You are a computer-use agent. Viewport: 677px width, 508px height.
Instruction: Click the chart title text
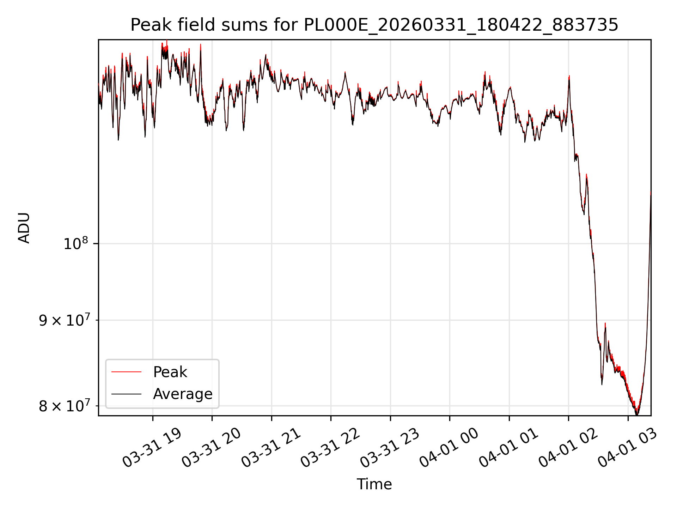[374, 25]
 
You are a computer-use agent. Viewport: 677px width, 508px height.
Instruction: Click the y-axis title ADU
[24, 228]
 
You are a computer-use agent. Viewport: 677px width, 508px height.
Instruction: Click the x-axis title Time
[374, 484]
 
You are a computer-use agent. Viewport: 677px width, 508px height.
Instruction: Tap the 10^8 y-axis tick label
[75, 243]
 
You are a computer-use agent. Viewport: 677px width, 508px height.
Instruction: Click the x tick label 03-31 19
[152, 448]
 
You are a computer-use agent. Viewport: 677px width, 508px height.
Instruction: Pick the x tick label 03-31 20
[212, 448]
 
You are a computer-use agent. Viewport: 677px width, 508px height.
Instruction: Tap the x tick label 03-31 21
[271, 448]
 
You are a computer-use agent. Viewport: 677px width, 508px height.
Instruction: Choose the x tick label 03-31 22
[330, 448]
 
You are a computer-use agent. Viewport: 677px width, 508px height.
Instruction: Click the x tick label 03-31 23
[390, 448]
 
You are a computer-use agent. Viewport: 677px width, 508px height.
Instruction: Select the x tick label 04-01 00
[449, 448]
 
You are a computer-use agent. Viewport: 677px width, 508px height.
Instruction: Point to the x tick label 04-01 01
[508, 448]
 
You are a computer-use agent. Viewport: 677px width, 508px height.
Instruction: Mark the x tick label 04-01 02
[568, 448]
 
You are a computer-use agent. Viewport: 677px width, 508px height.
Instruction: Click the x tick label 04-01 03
[627, 448]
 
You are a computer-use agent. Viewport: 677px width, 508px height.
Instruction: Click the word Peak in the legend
[170, 372]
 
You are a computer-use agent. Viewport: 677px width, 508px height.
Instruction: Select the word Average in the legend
[183, 394]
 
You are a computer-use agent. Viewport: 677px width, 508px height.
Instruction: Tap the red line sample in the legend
[126, 372]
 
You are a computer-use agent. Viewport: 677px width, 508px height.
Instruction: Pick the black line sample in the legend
[126, 394]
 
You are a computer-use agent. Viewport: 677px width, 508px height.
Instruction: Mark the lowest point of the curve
[636, 415]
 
